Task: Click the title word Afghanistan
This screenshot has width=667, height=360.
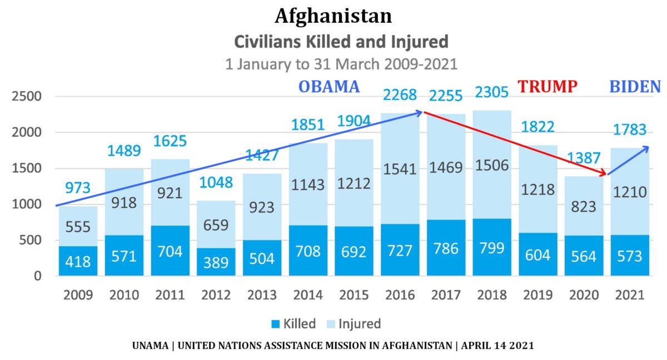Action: pyautogui.click(x=333, y=16)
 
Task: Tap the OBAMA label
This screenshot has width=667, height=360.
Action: pyautogui.click(x=329, y=87)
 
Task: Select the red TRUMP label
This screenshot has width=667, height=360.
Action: pyautogui.click(x=547, y=87)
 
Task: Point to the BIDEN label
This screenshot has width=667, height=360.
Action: pyautogui.click(x=635, y=87)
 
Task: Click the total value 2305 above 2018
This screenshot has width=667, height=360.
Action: pyautogui.click(x=491, y=92)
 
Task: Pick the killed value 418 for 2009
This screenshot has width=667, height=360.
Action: pyautogui.click(x=78, y=261)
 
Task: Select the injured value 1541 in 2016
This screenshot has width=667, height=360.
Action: pyautogui.click(x=400, y=169)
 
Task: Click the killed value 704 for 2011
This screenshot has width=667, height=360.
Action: pyautogui.click(x=170, y=251)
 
